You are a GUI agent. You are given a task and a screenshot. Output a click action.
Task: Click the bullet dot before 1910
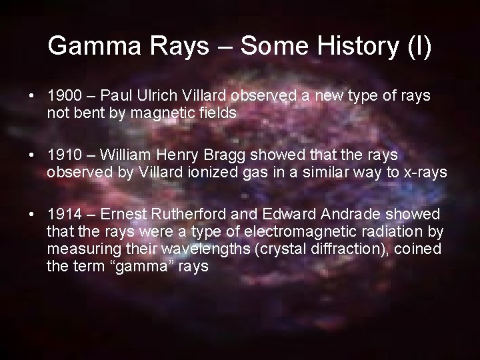[x=33, y=155]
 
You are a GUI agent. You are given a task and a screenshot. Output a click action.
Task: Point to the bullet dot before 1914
[x=33, y=214]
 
